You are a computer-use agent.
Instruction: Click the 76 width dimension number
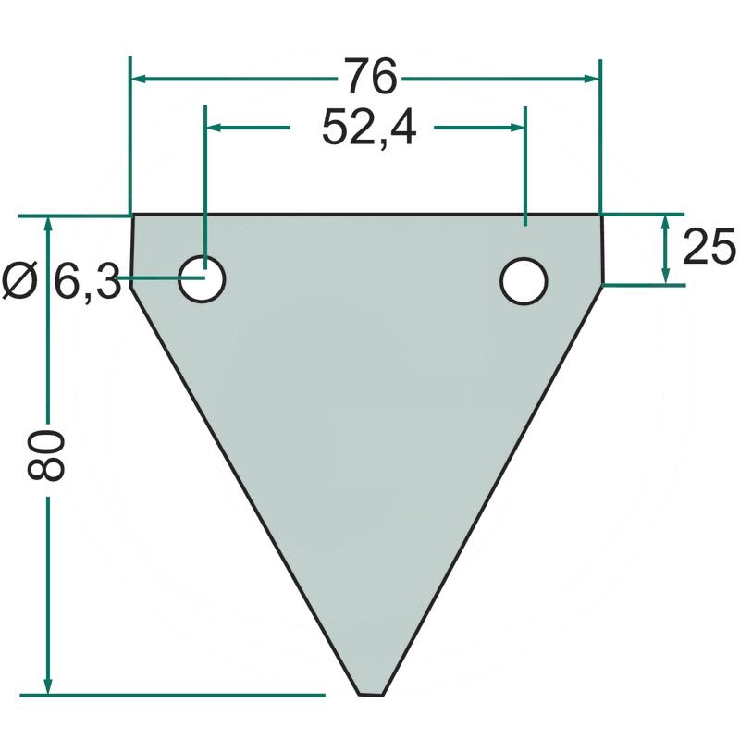pos(371,76)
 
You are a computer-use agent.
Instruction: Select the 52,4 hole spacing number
pos(369,129)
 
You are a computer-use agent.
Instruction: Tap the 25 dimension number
pos(709,246)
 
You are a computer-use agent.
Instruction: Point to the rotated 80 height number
pos(45,456)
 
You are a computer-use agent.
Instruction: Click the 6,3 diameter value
pos(87,280)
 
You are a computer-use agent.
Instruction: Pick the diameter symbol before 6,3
pos(19,281)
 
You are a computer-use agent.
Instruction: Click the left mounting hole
pos(202,279)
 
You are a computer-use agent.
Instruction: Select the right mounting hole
pos(524,281)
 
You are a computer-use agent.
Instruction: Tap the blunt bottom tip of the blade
pos(371,695)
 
